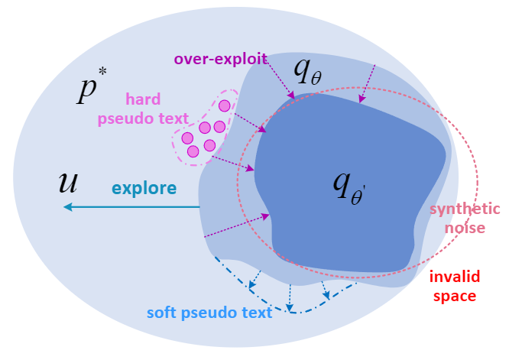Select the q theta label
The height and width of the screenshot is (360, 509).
point(313,71)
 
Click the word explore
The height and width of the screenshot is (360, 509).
point(144,188)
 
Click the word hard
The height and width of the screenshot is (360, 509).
point(143,99)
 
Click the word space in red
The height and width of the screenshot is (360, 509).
point(453,295)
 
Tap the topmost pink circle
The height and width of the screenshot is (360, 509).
point(225,106)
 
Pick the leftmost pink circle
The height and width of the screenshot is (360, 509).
point(187,138)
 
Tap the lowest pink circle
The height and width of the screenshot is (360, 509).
point(193,151)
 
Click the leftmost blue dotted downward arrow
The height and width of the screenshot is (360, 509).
point(256,278)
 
